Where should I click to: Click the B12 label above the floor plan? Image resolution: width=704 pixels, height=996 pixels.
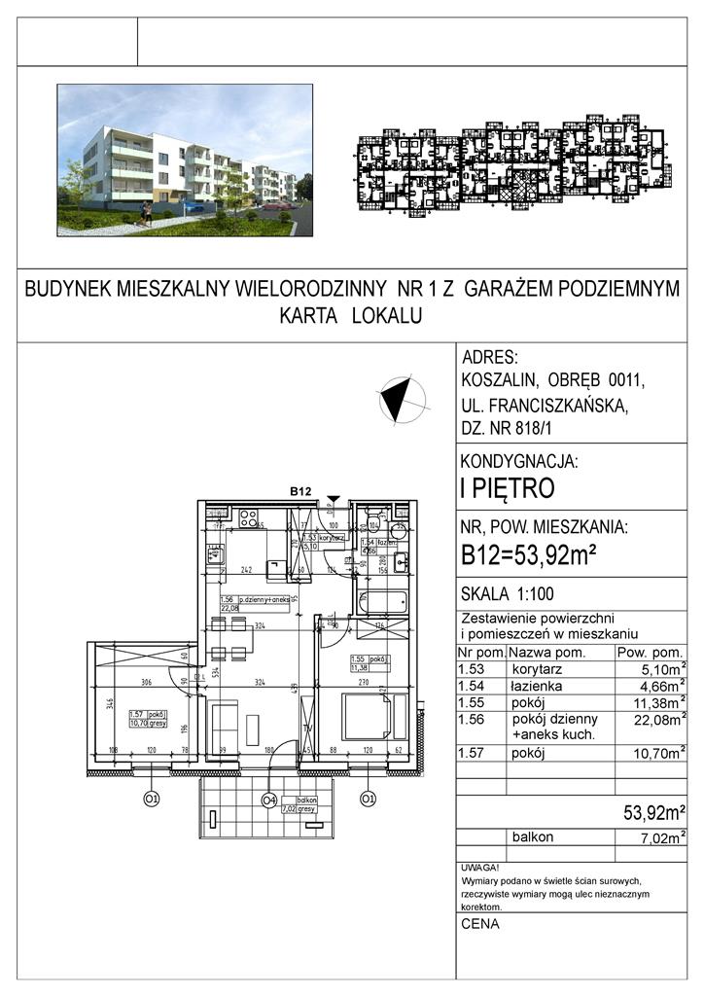(299, 492)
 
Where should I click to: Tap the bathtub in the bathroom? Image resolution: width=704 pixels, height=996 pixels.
(378, 603)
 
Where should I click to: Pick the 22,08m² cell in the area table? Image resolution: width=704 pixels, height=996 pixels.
(653, 719)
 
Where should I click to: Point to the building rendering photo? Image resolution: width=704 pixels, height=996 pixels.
(185, 160)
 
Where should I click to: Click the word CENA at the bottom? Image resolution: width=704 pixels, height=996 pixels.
(481, 924)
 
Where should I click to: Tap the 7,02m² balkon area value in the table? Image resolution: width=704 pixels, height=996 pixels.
(653, 836)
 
